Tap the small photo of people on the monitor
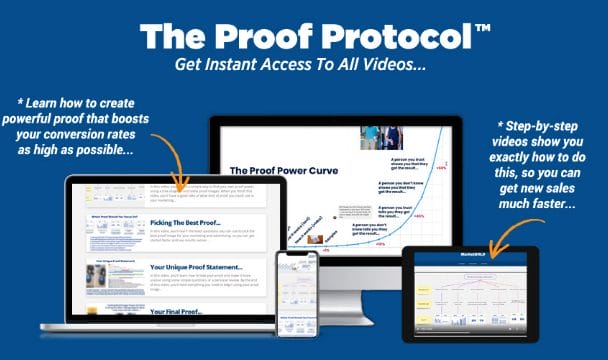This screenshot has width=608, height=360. [376, 137]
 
